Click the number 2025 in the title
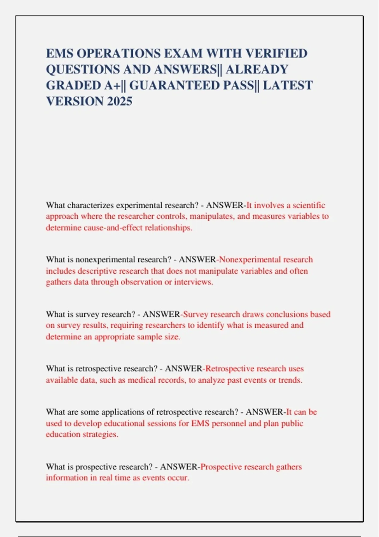(119, 101)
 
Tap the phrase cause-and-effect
(113, 228)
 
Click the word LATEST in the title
(287, 85)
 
